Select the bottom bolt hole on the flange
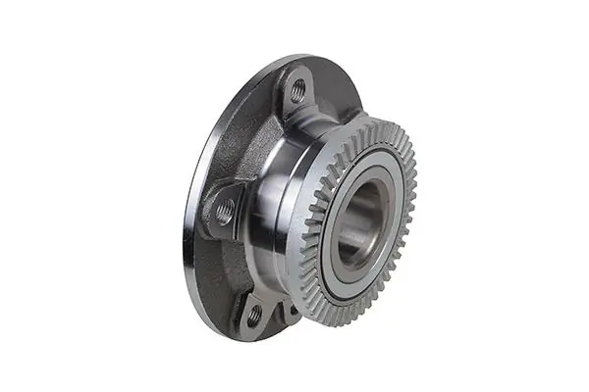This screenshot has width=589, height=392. click(x=253, y=316)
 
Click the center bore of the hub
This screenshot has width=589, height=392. click(x=362, y=215)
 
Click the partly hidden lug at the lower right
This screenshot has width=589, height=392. click(x=291, y=313)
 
